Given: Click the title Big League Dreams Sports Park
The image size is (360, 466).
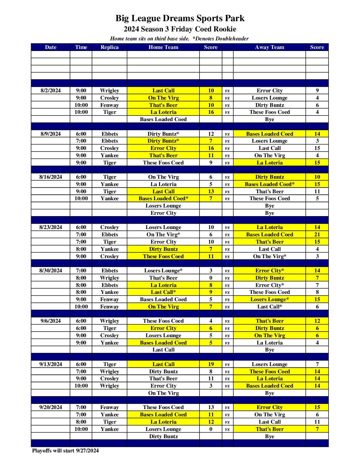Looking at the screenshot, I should (180, 18).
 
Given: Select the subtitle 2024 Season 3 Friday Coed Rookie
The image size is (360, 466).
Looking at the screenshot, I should (180, 29).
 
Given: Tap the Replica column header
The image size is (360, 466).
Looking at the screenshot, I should (110, 47).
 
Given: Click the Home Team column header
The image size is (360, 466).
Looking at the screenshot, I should (163, 47).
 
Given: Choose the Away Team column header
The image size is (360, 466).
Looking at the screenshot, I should (269, 47).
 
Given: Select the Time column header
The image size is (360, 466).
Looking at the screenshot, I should (81, 47).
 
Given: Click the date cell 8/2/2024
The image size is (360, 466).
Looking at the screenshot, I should (51, 91).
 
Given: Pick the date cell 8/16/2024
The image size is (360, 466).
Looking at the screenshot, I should (51, 177).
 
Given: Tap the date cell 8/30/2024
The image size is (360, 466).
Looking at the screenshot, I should (51, 271).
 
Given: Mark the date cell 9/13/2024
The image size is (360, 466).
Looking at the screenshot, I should (51, 364).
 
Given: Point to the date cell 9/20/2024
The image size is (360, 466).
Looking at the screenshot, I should (51, 407).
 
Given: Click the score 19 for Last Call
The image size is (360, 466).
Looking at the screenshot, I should (211, 364).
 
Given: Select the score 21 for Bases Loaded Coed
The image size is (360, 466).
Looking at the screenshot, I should (317, 235).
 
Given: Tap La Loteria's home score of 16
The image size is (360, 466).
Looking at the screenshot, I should (211, 112).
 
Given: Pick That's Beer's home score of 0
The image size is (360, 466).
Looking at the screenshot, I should (211, 278).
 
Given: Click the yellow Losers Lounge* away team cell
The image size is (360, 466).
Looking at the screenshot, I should (269, 300).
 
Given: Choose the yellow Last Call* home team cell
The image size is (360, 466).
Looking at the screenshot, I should (163, 292).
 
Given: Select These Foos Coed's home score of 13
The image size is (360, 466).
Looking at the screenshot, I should (211, 407).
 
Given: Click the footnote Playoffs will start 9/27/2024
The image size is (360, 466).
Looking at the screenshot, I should (65, 451).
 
